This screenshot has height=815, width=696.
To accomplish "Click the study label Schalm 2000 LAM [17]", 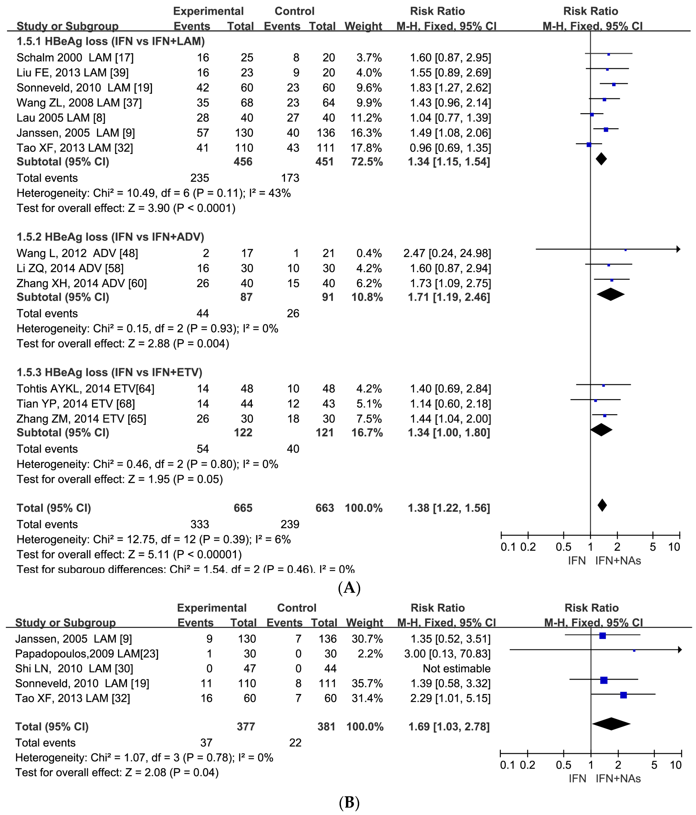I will coord(75,58).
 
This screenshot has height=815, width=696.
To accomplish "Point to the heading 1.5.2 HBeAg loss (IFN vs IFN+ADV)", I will coord(110,237).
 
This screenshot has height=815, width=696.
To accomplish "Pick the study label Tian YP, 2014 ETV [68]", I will coord(76,404).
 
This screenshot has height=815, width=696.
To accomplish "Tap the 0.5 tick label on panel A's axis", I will coord(563,547).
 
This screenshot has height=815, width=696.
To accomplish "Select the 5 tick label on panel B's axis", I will coord(654,765).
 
